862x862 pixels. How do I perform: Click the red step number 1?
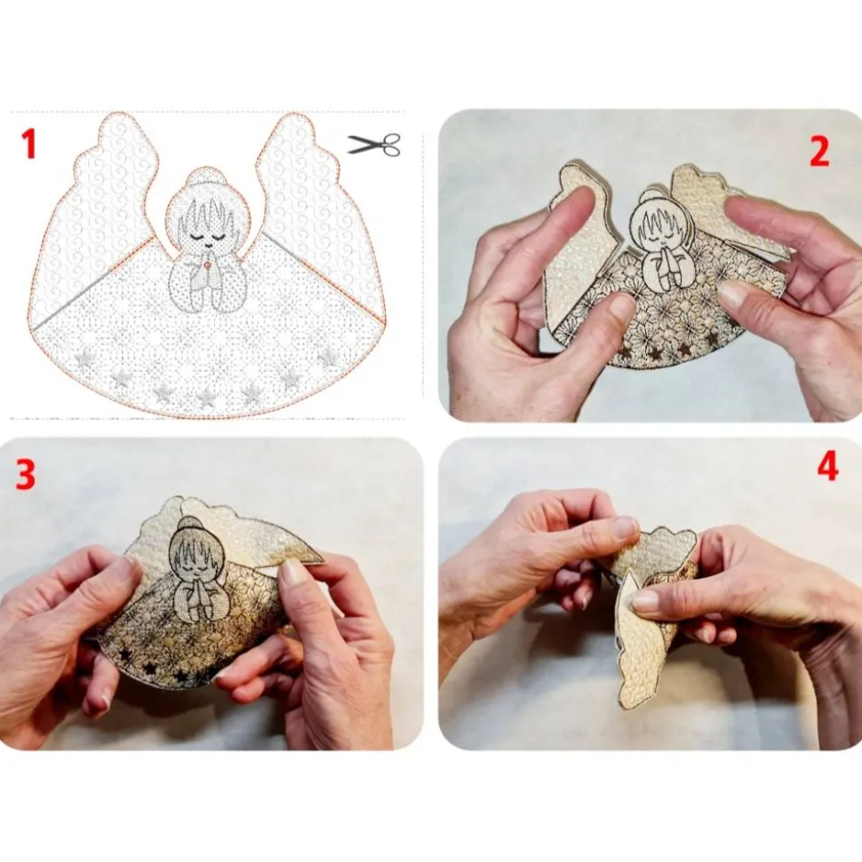coord(28,144)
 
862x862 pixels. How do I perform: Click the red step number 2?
coord(819,152)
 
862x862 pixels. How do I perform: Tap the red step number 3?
coord(25,474)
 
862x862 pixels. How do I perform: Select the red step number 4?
coord(827,467)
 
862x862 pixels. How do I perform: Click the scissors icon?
coord(374,144)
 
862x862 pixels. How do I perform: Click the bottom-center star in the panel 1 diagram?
coord(206,397)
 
